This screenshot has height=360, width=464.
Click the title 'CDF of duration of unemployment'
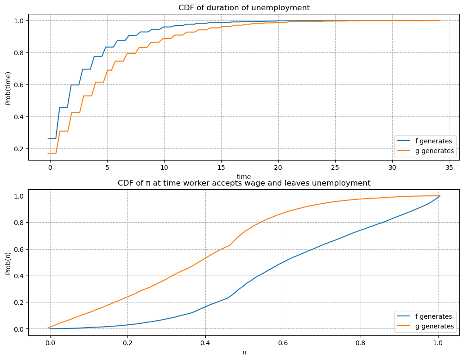pyautogui.click(x=244, y=7)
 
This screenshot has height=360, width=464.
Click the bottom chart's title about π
pyautogui.click(x=244, y=183)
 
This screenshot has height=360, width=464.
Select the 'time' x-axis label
pyautogui.click(x=244, y=177)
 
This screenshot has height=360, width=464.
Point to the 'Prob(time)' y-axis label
pyautogui.click(x=8, y=88)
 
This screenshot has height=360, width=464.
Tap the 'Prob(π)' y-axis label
pyautogui.click(x=8, y=262)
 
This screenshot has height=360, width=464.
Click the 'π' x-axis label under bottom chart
pyautogui.click(x=244, y=352)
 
